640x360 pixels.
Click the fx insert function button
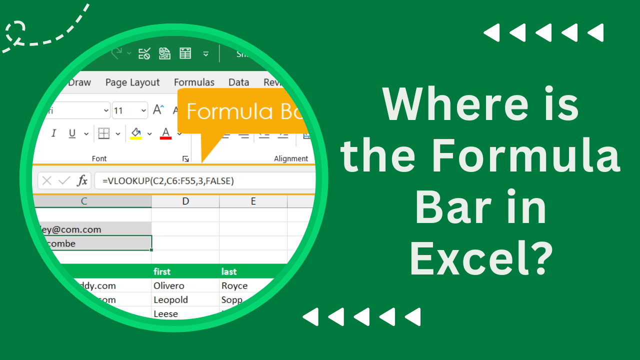coord(82,180)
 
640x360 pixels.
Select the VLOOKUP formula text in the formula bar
coord(168,181)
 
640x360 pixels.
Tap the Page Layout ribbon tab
coord(132,82)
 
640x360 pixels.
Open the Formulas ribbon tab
coord(194,82)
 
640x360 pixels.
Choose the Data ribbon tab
coord(238,82)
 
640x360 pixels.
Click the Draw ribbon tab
coord(79,82)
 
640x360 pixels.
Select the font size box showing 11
coord(124,110)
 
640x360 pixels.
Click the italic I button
coord(53,133)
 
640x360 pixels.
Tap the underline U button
coord(72,133)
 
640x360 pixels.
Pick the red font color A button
coord(165,133)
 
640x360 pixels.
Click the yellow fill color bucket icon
coord(135,133)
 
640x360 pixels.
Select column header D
coord(185,201)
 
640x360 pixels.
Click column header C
coord(84,201)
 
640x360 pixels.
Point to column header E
coord(253,201)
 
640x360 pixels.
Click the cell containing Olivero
coord(169,285)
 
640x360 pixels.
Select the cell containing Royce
coord(234,285)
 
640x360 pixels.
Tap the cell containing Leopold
coord(171,299)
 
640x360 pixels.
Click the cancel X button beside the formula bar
coord(46,180)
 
